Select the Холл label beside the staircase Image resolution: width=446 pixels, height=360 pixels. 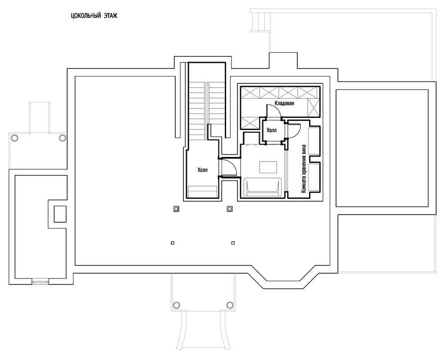pyautogui.click(x=203, y=170)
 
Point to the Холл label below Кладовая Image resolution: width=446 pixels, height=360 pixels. pyautogui.click(x=272, y=130)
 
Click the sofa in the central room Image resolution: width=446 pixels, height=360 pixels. pyautogui.click(x=263, y=186)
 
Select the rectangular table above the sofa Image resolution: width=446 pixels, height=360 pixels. pyautogui.click(x=269, y=166)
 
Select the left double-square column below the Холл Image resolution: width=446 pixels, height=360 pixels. pyautogui.click(x=176, y=209)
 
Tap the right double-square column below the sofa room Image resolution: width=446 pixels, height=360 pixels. pyautogui.click(x=230, y=209)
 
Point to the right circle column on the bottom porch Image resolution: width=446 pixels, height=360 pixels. pyautogui.click(x=230, y=305)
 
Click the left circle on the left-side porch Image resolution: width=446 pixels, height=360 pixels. pyautogui.click(x=15, y=138)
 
